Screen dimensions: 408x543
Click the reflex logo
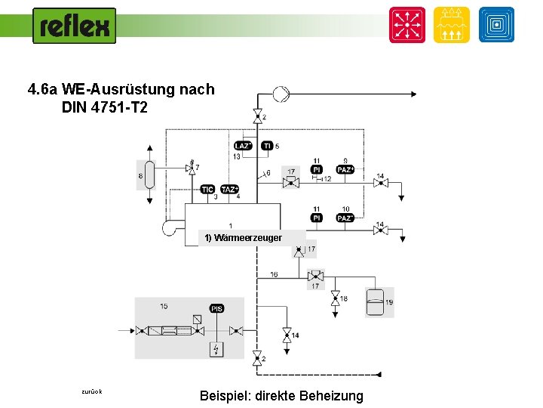point(75,26)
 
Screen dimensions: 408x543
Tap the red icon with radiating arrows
point(407,25)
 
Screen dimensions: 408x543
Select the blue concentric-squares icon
point(496,25)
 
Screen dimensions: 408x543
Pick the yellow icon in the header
point(452,25)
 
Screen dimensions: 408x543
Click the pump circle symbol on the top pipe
point(280,94)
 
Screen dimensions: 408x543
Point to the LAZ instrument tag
point(243,146)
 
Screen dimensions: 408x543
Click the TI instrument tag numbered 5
point(267,146)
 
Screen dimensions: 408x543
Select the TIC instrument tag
point(208,189)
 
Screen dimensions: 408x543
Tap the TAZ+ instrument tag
point(230,189)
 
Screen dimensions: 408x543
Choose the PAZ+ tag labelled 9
point(345,170)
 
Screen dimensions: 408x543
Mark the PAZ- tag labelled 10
point(345,218)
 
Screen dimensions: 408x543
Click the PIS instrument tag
point(217,308)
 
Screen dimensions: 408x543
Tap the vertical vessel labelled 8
point(150,176)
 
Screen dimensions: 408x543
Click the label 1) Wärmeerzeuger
point(243,238)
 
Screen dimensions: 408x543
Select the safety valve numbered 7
point(190,168)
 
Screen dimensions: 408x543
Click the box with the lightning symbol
point(217,349)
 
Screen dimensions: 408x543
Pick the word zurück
point(92,391)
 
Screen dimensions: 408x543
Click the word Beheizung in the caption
point(331,396)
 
